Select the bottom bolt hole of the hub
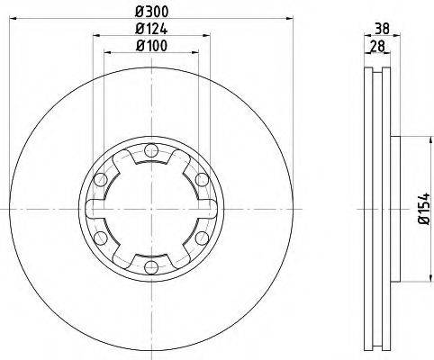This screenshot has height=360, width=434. pos(150,266)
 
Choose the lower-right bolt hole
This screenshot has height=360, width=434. pos(201,238)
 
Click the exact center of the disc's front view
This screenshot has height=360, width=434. pos(150,209)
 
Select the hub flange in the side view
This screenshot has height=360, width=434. pos(393,209)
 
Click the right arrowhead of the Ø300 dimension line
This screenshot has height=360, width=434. pos(291,19)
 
